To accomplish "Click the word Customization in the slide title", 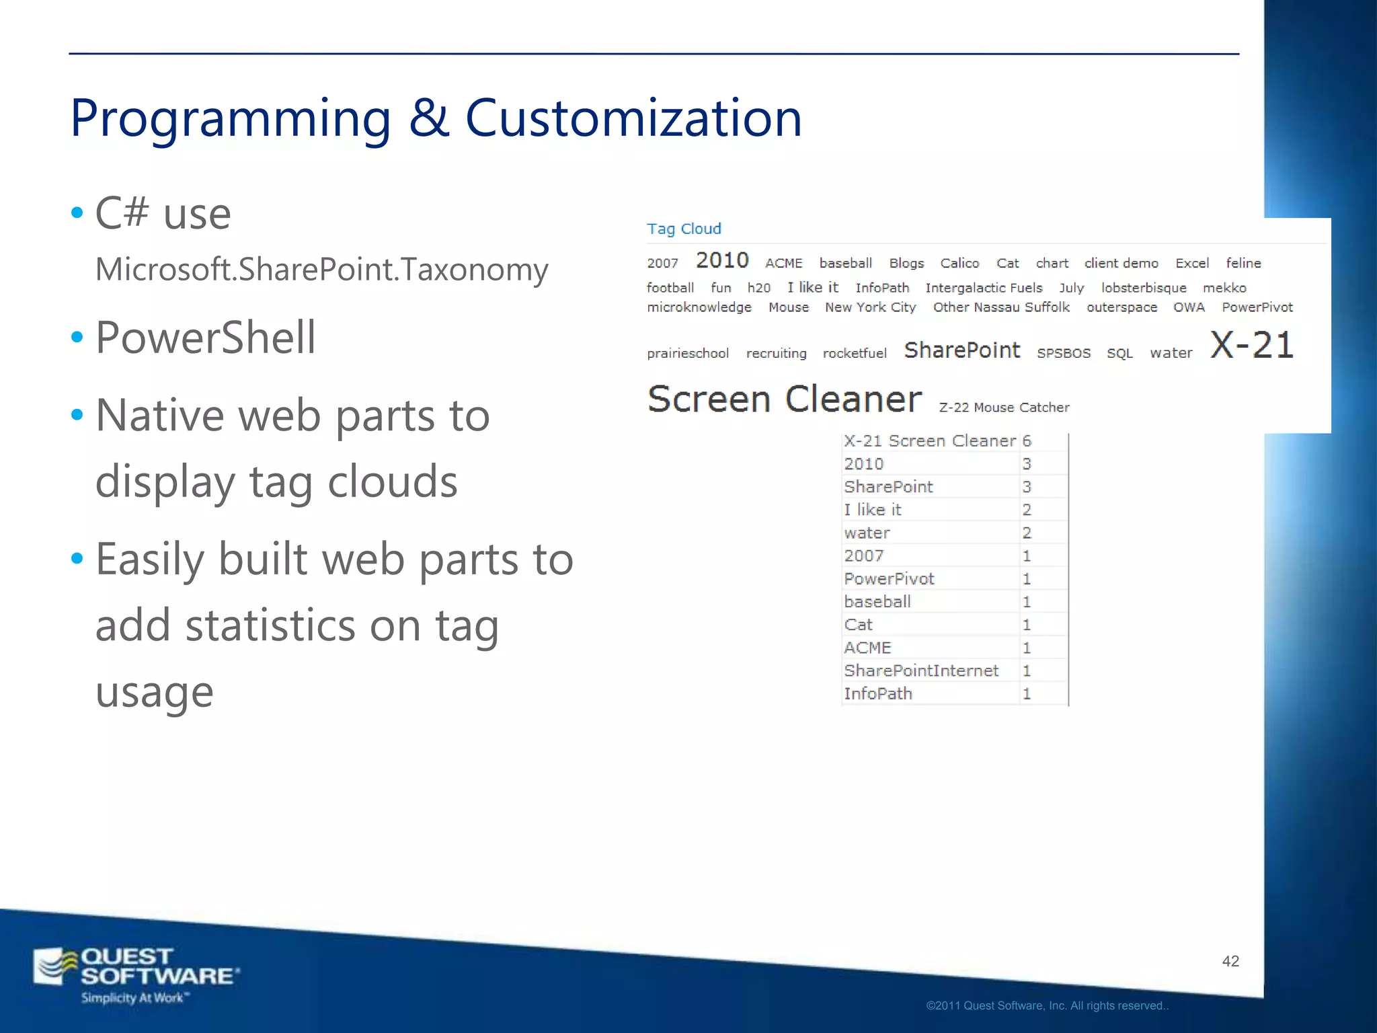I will (x=633, y=118).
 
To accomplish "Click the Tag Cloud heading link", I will (x=684, y=229).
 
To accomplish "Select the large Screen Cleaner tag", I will (x=784, y=399).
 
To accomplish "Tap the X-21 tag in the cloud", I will (x=1251, y=346).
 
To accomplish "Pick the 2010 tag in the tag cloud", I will (x=722, y=260).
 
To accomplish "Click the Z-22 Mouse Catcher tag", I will (x=1004, y=408).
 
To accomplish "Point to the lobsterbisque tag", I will (x=1143, y=288).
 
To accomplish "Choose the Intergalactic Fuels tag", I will (x=984, y=288).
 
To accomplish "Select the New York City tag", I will (x=870, y=307).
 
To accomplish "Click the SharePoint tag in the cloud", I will (x=961, y=350).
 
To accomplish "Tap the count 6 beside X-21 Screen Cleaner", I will (x=1027, y=441).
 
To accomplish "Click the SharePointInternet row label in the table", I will (x=921, y=671).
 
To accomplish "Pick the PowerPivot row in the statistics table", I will (x=889, y=579).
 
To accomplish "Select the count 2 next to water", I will (x=1027, y=533).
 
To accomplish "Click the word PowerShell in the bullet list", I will (x=205, y=338).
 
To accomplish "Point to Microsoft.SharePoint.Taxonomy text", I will (x=321, y=270).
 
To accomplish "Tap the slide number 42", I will (x=1230, y=961).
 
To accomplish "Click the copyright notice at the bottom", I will (x=1047, y=1006).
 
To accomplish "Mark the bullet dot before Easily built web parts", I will (x=77, y=558).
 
